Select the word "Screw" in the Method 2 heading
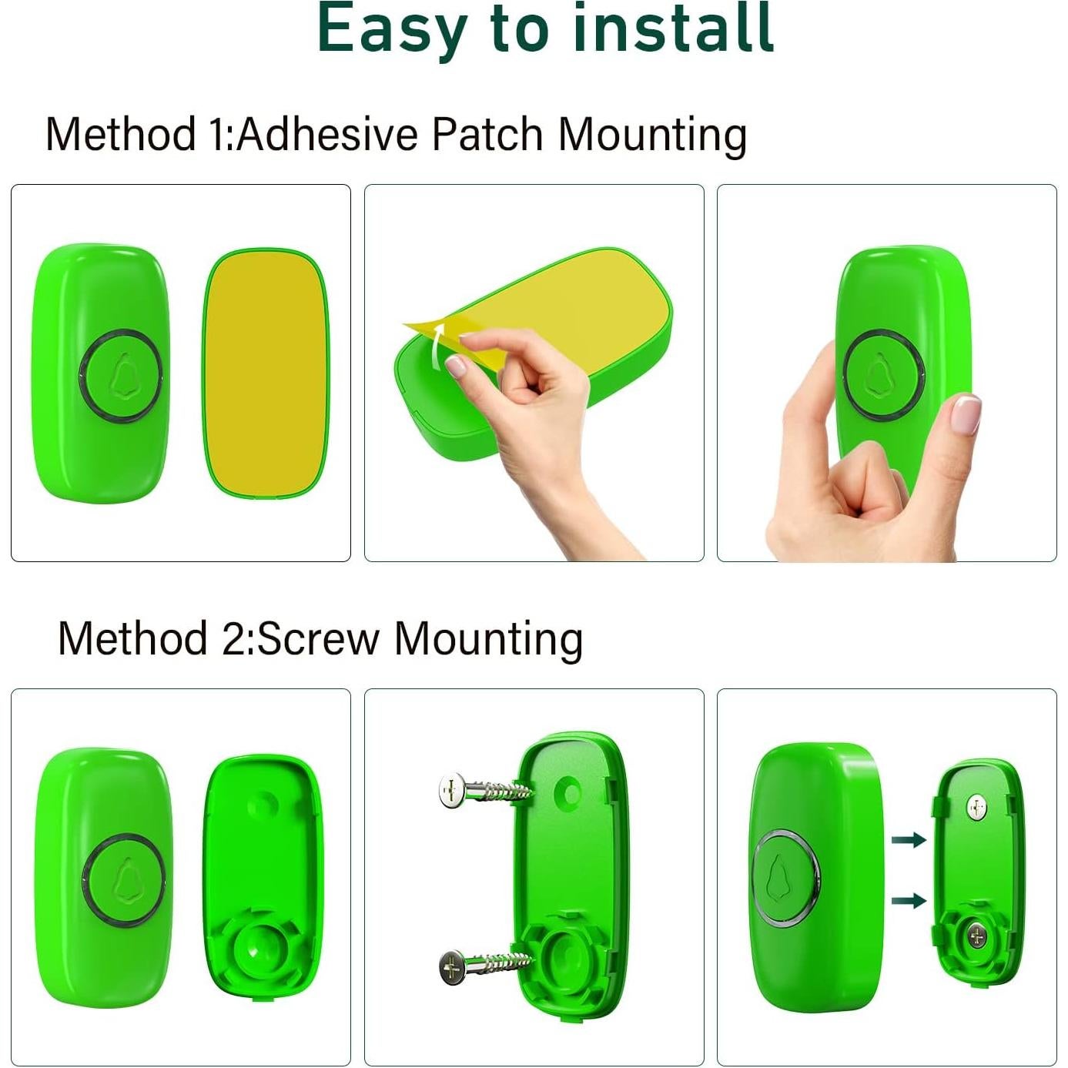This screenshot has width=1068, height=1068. point(318,638)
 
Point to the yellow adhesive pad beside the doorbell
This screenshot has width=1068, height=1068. point(264,373)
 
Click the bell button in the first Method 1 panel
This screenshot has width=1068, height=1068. point(121,376)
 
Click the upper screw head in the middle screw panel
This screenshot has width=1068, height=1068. point(451,791)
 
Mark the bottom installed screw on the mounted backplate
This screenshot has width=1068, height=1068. point(976,936)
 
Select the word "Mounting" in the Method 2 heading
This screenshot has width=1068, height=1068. point(488,638)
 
